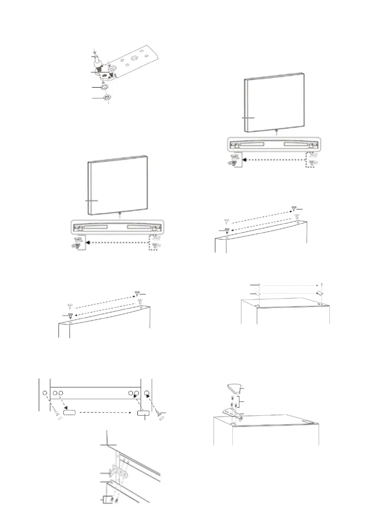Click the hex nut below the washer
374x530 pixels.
coord(107,98)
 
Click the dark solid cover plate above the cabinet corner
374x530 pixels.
coord(319,293)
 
